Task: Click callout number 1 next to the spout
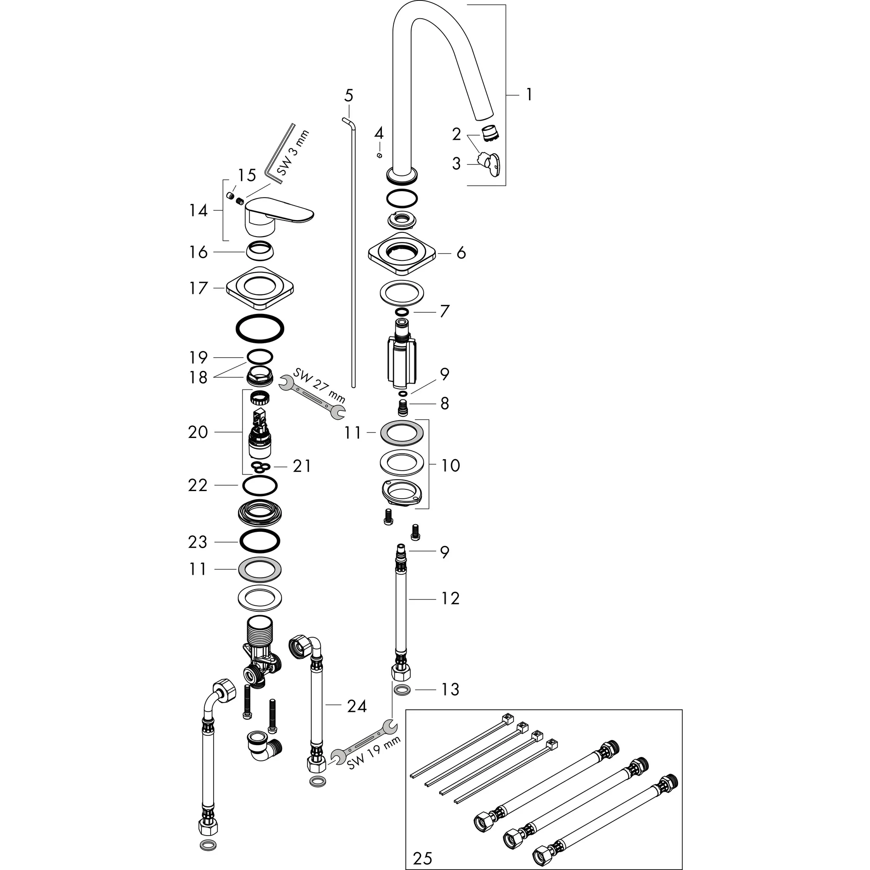coord(529,95)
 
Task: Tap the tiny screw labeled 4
coord(380,156)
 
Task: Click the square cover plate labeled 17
coord(260,288)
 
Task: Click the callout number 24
coord(357,706)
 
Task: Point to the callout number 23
coord(198,542)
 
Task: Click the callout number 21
coord(301,466)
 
